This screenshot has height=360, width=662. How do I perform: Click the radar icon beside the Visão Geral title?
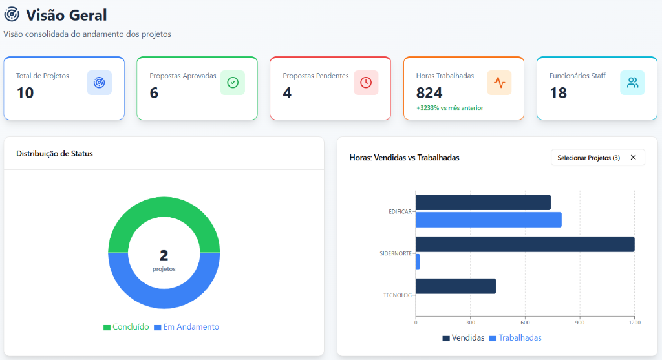[x=12, y=14]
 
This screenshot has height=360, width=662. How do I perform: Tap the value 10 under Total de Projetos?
[x=25, y=93]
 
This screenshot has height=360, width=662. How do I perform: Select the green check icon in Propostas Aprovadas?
[x=233, y=83]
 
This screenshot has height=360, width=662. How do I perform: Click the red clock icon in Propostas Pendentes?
[x=366, y=83]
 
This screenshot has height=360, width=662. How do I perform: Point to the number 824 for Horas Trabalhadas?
[x=429, y=93]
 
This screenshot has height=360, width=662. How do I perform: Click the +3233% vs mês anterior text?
[x=450, y=108]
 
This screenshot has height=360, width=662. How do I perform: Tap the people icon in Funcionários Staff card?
[x=632, y=83]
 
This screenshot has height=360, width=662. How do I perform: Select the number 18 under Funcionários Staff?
[x=558, y=93]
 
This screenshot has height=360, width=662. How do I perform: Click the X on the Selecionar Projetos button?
[x=634, y=158]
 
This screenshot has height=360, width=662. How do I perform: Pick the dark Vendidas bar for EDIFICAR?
[x=483, y=202]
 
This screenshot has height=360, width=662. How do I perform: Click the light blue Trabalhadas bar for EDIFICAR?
[x=489, y=220]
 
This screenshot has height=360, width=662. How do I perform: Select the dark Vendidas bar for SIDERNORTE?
[x=525, y=244]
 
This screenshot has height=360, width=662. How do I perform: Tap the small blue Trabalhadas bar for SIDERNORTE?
[x=418, y=262]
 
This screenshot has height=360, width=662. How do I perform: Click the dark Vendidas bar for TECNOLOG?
[x=456, y=286]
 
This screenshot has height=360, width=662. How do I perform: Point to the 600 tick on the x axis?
[x=525, y=323]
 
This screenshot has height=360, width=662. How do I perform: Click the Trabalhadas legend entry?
[x=515, y=338]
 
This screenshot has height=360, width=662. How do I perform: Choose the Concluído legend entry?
[x=126, y=327]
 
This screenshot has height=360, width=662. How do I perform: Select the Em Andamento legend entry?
[x=187, y=327]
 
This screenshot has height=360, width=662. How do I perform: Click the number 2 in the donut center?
[x=164, y=255]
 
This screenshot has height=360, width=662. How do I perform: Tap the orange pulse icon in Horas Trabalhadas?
[x=500, y=83]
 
